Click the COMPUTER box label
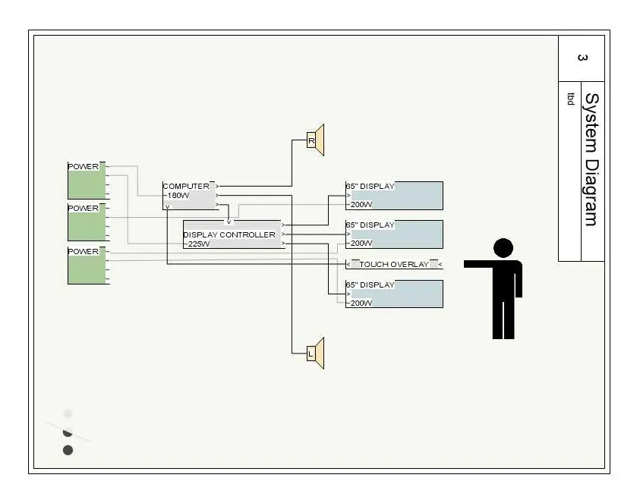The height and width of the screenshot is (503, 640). tap(186, 186)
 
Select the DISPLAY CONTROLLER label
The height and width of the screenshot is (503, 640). tap(229, 234)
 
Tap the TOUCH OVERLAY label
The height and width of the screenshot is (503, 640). tap(394, 264)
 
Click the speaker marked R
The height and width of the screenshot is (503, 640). tap(315, 140)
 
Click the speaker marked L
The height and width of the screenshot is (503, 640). tap(315, 354)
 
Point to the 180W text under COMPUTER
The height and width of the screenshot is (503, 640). tap(180, 195)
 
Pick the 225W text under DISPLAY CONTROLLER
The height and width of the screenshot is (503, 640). tap(199, 244)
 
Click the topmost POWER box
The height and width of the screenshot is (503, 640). tap(87, 180)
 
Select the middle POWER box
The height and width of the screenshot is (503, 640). tap(87, 222)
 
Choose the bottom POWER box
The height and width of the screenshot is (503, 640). tap(87, 265)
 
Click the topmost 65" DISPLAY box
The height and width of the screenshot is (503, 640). tap(394, 195)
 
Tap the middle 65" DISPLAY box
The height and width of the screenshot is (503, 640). tap(394, 234)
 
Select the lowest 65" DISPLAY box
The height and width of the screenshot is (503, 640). tap(394, 294)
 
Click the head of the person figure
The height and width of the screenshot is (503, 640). tap(503, 248)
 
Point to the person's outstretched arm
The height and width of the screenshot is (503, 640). tap(479, 264)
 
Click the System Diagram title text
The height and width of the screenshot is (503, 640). tap(591, 159)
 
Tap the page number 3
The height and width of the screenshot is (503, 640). tap(582, 58)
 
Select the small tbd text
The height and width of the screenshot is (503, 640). tap(570, 99)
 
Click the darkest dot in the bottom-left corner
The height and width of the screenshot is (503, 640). tap(68, 450)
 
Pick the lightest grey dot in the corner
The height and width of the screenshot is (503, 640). tap(68, 413)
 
